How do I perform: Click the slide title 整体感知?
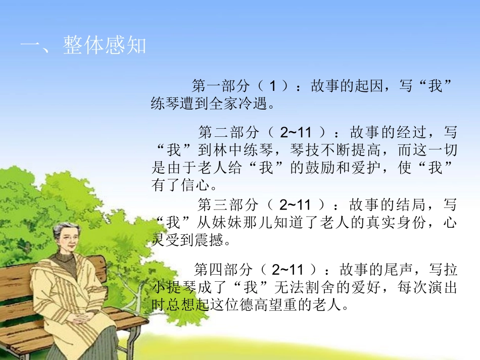pyautogui.click(x=105, y=46)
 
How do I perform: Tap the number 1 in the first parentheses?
pyautogui.click(x=273, y=86)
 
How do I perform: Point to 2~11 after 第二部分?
pyautogui.click(x=296, y=133)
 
